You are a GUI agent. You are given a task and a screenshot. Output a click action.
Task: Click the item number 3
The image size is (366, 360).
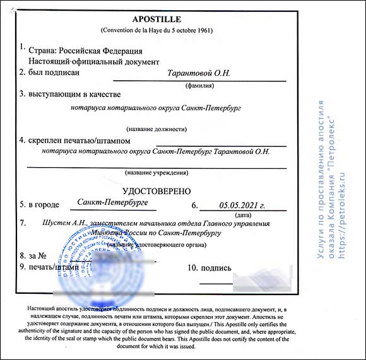(x=22, y=95)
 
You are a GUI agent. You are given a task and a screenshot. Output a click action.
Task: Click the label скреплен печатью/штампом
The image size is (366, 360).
(x=70, y=141)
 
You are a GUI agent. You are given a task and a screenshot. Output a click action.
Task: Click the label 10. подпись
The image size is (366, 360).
(x=210, y=269)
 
